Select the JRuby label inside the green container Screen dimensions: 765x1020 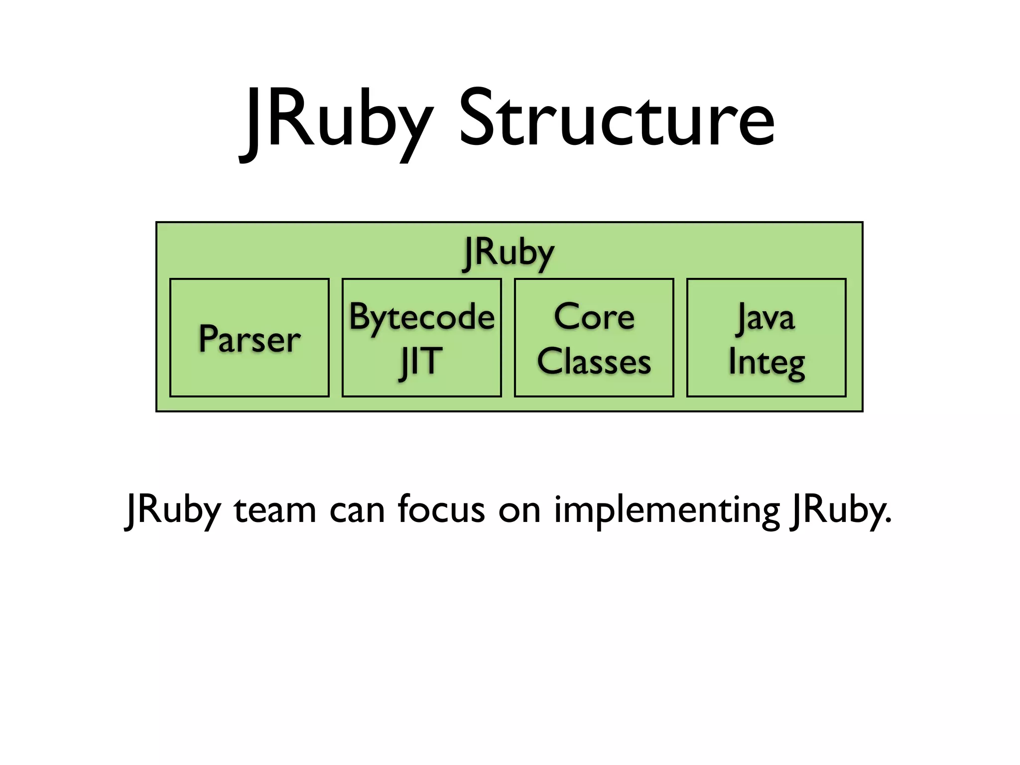(x=508, y=253)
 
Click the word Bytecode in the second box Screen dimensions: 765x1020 (x=421, y=317)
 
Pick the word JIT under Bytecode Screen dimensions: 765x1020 (x=421, y=362)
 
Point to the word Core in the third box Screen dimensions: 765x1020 (x=594, y=317)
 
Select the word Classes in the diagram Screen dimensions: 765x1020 (x=594, y=362)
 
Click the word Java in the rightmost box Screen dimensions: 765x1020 (x=766, y=318)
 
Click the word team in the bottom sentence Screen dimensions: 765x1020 (x=275, y=510)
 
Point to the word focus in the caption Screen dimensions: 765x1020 (x=441, y=510)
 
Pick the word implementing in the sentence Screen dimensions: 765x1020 (x=666, y=510)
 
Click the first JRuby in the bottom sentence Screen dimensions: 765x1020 (x=172, y=510)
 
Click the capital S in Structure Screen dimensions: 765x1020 (x=479, y=120)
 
